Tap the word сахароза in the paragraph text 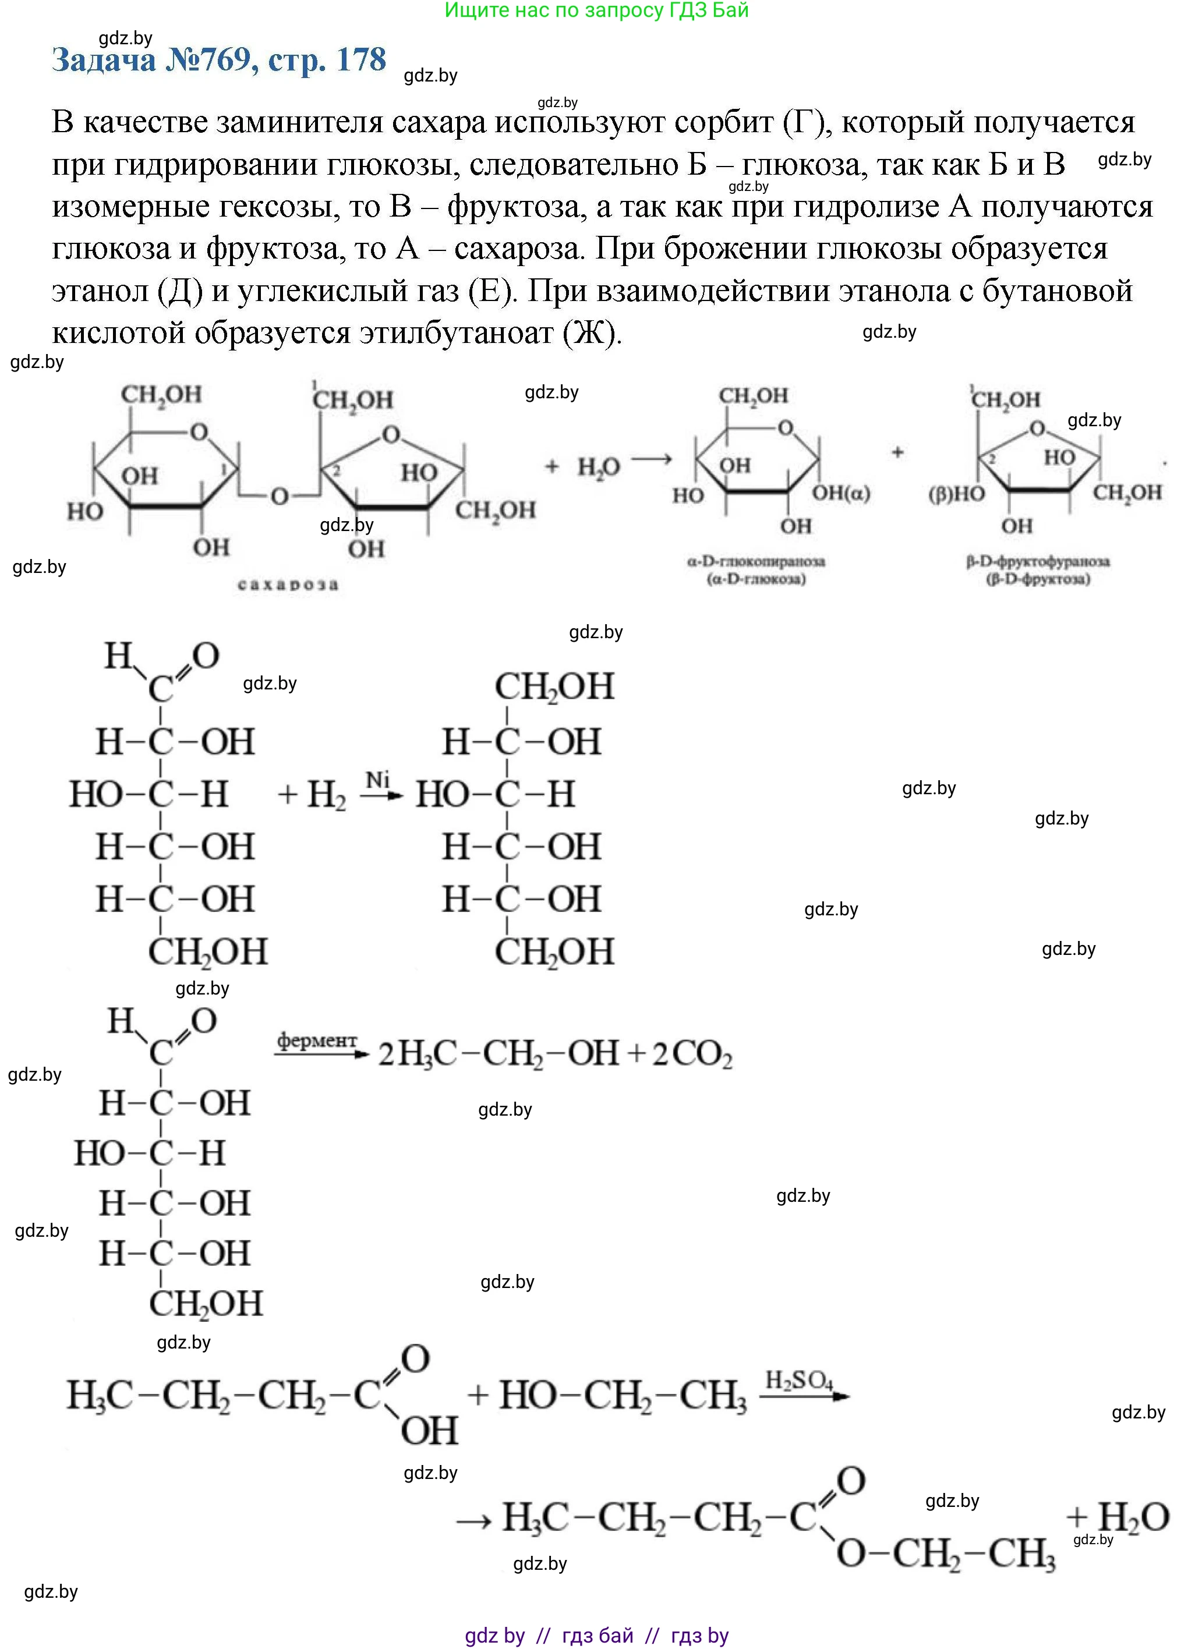click(518, 249)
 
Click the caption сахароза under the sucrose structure click(288, 584)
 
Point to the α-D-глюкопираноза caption click(756, 561)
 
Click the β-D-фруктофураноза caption click(1038, 561)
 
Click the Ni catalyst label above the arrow click(378, 780)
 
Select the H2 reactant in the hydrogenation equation click(326, 795)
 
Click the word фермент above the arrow click(316, 1041)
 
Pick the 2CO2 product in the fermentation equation click(692, 1054)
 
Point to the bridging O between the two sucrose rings click(280, 497)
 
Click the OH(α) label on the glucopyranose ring click(841, 493)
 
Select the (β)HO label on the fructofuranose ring click(956, 494)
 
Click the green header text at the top click(596, 10)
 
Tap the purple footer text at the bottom click(596, 1636)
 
